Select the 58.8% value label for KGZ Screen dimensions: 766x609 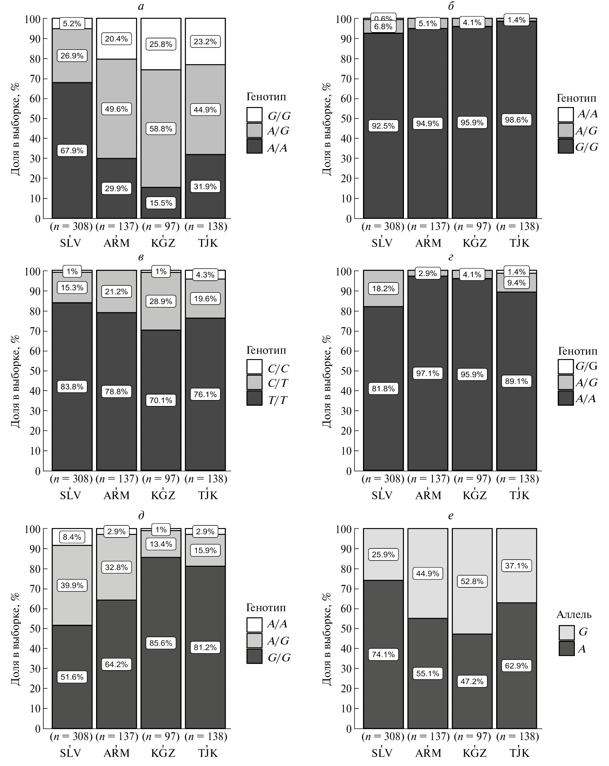point(161,129)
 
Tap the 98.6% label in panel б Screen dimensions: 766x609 point(516,120)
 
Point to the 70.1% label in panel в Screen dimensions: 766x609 point(161,400)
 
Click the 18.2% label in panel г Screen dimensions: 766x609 point(383,288)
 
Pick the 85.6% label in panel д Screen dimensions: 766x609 point(161,643)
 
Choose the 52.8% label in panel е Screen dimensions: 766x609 point(472,581)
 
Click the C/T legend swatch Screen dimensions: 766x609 point(254,383)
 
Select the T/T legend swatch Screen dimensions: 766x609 point(254,398)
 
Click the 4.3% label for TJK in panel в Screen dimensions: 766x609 point(205,274)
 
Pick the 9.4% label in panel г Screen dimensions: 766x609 point(516,283)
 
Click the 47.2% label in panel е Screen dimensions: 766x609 point(472,681)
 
